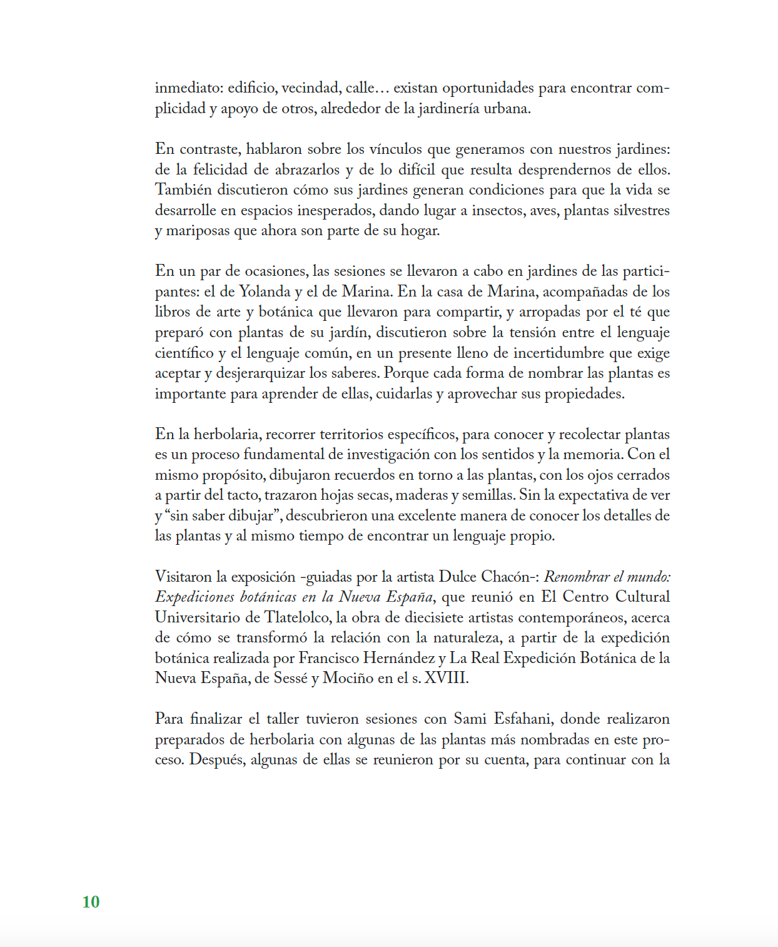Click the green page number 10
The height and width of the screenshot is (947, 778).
[x=91, y=901]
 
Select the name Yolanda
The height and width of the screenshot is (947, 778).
[x=265, y=291]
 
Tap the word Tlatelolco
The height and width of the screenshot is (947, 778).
[x=297, y=617]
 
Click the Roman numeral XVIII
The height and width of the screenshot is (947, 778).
[x=446, y=678]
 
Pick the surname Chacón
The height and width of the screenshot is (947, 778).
[x=508, y=577]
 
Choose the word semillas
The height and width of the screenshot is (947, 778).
[x=487, y=495]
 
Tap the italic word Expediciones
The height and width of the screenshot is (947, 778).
[x=194, y=597]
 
